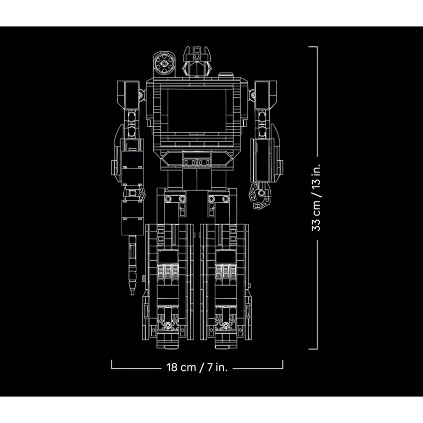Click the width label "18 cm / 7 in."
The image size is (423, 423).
[197, 367]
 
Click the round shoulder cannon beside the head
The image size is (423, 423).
[164, 64]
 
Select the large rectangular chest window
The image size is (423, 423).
[197, 111]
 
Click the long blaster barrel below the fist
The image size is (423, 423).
[132, 265]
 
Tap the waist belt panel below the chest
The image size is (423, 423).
[197, 159]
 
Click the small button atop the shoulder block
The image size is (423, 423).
[226, 75]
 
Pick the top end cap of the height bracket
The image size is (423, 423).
[313, 47]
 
